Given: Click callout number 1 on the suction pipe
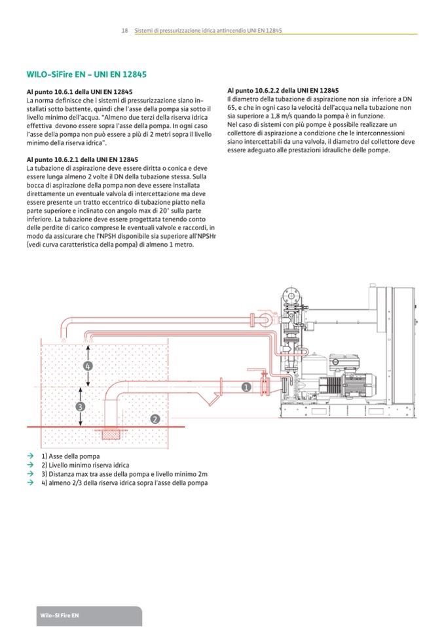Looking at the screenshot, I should [x=246, y=387].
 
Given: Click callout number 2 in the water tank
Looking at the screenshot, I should [x=155, y=418].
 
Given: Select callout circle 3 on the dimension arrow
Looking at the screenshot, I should [x=81, y=406].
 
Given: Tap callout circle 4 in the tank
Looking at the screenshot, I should [x=88, y=366].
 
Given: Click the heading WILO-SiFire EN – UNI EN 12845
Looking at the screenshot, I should [x=87, y=74].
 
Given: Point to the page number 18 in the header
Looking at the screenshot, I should [x=124, y=31].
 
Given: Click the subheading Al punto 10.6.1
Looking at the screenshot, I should [x=80, y=92].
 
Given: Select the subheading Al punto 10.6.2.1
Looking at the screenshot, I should [x=83, y=160].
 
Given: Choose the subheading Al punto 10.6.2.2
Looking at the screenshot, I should [x=283, y=89].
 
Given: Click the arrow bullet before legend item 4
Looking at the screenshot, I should [x=30, y=483].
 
